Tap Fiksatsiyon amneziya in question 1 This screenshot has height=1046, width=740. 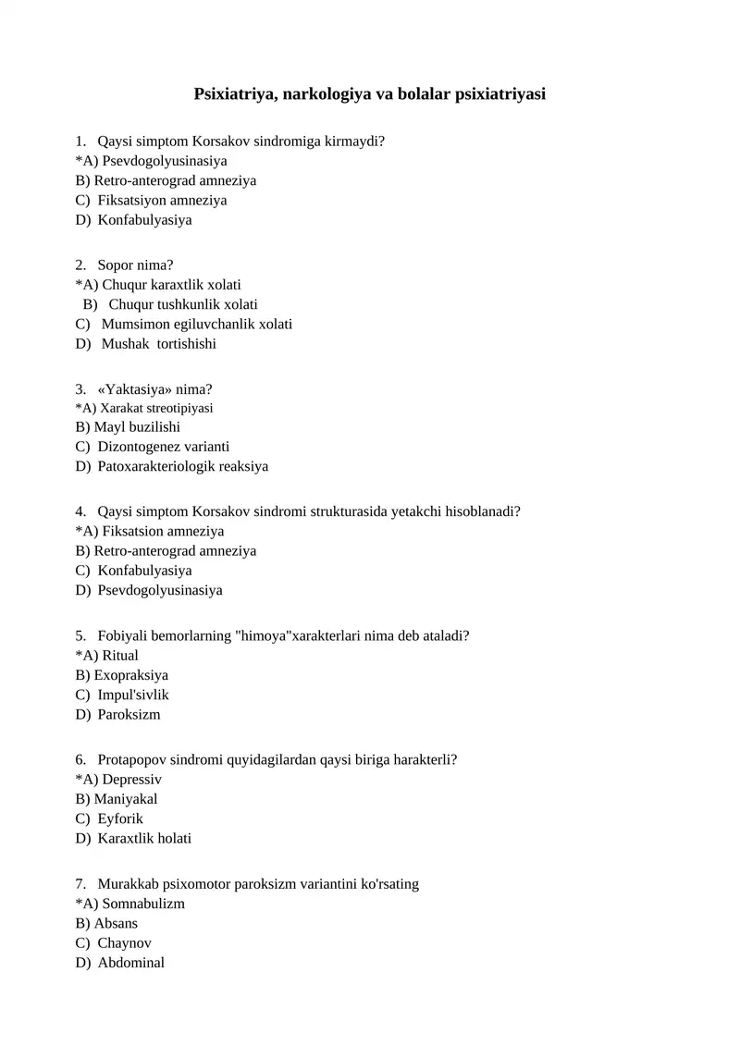162,201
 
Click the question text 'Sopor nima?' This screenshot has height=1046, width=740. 135,265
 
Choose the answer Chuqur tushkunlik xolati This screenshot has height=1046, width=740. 183,305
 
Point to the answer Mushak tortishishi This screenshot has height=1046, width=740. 158,344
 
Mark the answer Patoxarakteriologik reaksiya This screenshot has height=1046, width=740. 182,467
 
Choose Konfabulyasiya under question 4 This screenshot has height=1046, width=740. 144,571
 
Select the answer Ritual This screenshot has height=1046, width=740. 119,656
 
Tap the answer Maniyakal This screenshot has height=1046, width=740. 126,799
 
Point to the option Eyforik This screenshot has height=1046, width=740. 120,819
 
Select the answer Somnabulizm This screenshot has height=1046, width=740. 142,904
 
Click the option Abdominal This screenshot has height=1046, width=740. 130,963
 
